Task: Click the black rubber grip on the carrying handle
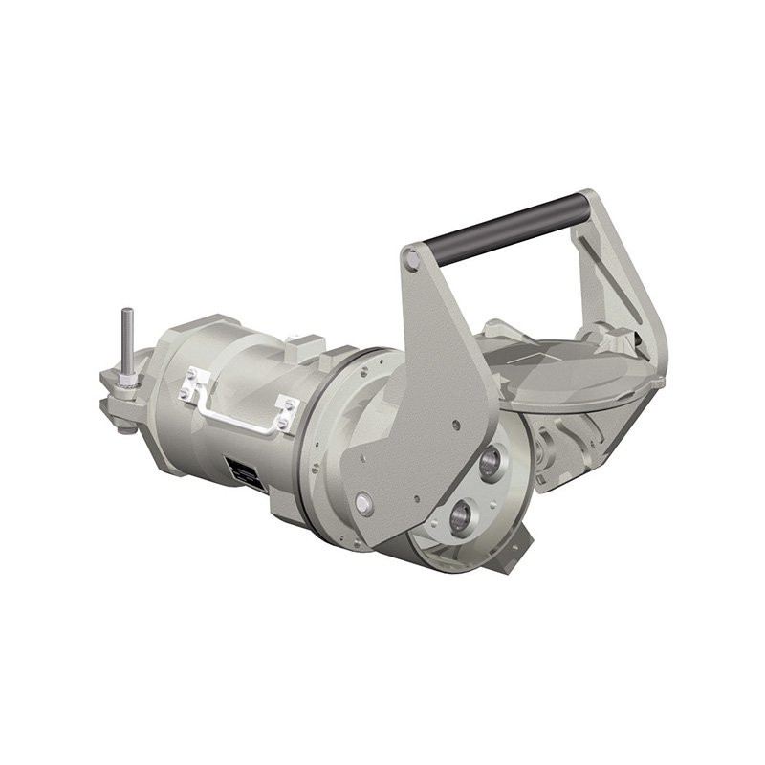click(x=497, y=227)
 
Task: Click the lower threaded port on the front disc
click(x=461, y=520)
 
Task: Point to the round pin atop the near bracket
click(x=411, y=257)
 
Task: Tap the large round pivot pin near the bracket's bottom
click(x=363, y=502)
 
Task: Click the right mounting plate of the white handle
click(x=285, y=414)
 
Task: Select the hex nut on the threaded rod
click(x=127, y=383)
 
